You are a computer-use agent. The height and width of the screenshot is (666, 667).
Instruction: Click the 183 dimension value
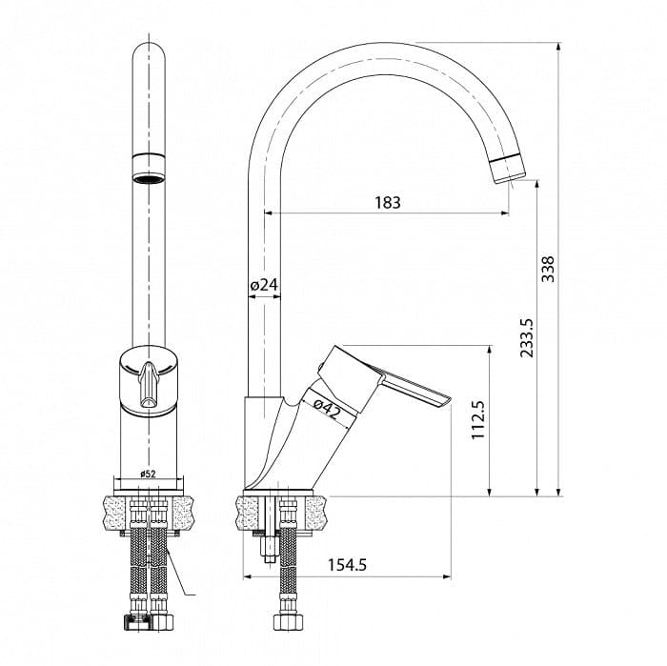click(388, 202)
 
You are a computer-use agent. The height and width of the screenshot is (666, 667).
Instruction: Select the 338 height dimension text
click(548, 269)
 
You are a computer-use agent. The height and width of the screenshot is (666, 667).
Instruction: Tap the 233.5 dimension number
click(527, 338)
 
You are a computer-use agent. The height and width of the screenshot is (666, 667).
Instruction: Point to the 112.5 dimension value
click(478, 420)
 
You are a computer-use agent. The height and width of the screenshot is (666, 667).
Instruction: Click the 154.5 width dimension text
click(347, 565)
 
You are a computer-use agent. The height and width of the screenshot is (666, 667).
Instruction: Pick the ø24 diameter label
click(264, 285)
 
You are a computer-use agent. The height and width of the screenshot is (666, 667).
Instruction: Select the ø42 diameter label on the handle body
click(328, 409)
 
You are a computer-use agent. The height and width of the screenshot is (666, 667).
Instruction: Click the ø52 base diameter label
click(148, 474)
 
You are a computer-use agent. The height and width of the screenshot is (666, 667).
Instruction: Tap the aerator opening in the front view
click(148, 178)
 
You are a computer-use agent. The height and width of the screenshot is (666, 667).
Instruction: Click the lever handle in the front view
click(149, 385)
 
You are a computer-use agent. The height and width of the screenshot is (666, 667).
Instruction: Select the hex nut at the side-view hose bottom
click(288, 622)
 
